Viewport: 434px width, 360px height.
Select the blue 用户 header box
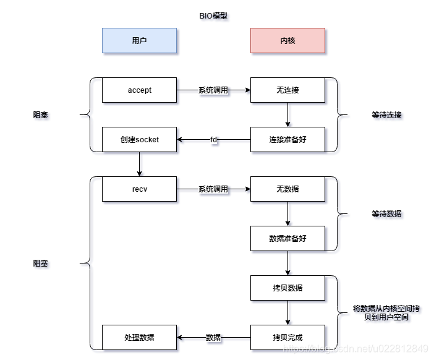tap(139, 41)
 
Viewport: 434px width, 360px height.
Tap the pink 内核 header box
tap(287, 41)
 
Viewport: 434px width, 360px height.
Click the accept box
tap(139, 90)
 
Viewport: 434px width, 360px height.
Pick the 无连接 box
tap(287, 90)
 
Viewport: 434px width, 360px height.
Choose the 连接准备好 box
tap(287, 140)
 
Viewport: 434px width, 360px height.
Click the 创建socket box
tap(139, 140)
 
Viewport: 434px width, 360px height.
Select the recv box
tap(139, 189)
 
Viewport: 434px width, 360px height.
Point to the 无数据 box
tap(287, 189)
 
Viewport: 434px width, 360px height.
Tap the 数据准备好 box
tap(287, 238)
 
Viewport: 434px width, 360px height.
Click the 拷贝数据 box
tap(287, 288)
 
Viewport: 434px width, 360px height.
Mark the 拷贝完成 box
tap(287, 337)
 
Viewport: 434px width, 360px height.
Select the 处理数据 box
tap(139, 337)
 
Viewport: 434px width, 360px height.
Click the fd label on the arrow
tap(213, 140)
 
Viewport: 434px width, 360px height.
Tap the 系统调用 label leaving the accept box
tap(213, 90)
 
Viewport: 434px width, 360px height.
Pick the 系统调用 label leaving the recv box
tap(213, 189)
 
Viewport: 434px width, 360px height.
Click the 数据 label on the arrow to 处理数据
tap(213, 337)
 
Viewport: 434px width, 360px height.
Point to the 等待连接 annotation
tap(386, 115)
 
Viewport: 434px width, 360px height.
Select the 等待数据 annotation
tap(386, 214)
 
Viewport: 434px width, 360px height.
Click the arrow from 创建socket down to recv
tap(139, 164)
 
